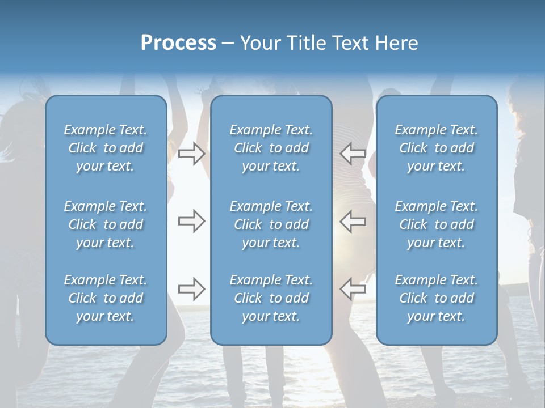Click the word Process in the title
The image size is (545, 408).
(178, 43)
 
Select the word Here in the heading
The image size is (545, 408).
(396, 43)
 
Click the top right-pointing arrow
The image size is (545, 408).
(191, 154)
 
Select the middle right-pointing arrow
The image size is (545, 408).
(191, 221)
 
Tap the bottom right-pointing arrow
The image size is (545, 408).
(191, 289)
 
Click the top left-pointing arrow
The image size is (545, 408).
(353, 154)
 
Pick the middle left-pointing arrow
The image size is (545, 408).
(353, 221)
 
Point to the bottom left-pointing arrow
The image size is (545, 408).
(353, 289)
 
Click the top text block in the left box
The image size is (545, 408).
(106, 148)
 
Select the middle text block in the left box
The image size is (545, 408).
(106, 224)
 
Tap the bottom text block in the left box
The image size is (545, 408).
(106, 298)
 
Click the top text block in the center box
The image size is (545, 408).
(271, 148)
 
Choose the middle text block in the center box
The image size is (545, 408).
(271, 224)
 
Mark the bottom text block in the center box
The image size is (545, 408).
(271, 298)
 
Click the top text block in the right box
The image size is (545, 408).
(437, 148)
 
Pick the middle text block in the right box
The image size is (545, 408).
(437, 224)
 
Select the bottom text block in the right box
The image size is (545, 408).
(437, 298)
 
